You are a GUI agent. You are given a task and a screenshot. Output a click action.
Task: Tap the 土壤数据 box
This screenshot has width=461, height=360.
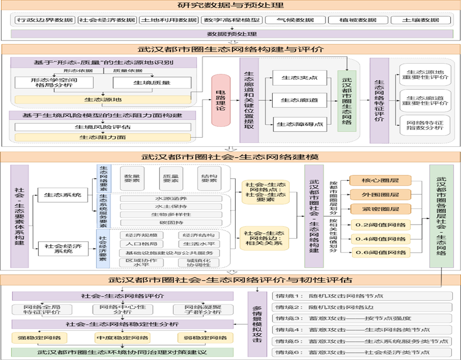click(x=422, y=21)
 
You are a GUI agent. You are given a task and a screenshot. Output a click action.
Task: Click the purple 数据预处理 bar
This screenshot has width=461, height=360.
click(x=231, y=33)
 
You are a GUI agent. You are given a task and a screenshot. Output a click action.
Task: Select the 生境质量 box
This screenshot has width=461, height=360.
click(x=152, y=83)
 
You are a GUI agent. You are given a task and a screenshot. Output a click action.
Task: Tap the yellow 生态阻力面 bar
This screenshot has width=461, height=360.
click(x=102, y=138)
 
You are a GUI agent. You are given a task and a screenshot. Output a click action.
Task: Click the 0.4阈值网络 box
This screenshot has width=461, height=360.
click(x=380, y=238)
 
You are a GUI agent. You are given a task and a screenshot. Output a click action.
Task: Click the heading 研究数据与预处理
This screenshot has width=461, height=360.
click(x=231, y=6)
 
